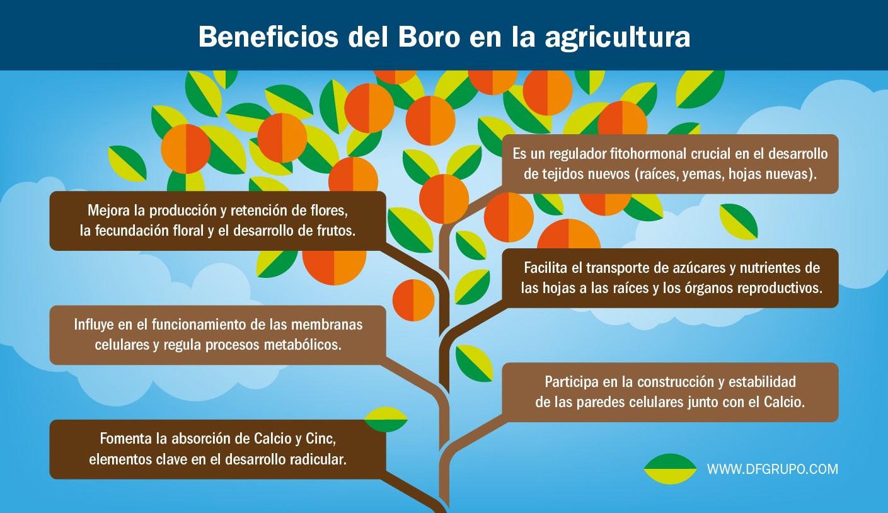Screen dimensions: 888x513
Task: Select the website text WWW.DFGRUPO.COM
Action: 772,469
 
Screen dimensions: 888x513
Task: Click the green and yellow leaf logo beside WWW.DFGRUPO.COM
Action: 670,469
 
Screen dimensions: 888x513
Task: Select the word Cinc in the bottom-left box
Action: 321,439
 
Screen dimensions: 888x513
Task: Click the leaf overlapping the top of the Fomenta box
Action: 386,420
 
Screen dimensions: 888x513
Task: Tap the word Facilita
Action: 546,268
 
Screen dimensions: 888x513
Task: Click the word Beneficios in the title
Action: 268,37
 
